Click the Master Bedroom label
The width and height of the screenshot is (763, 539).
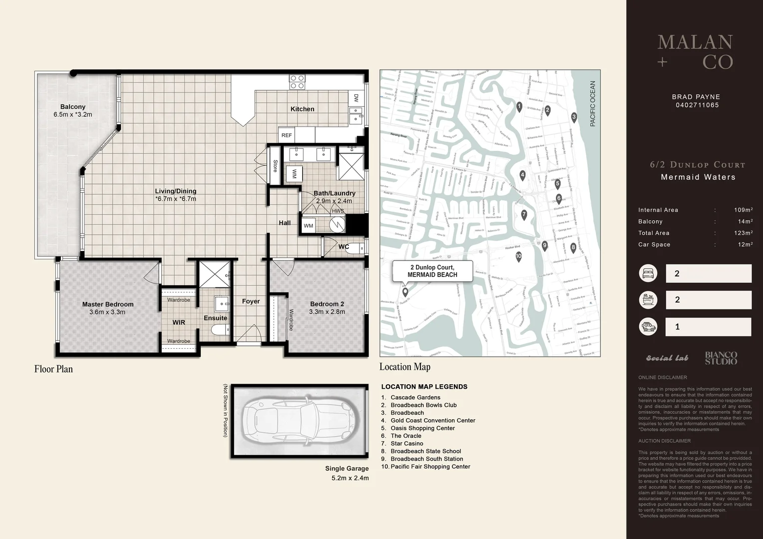tap(108, 304)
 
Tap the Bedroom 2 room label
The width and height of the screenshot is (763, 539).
tap(327, 304)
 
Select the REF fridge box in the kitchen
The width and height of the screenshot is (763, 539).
tap(287, 135)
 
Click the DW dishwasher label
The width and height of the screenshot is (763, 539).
tap(356, 98)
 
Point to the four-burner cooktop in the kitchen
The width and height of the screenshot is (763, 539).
tap(297, 82)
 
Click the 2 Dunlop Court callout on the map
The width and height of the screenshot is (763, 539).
tap(432, 271)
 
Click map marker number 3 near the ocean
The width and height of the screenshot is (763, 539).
tap(574, 117)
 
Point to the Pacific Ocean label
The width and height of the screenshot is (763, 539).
tap(593, 104)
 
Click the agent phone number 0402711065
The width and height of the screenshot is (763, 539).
tap(697, 105)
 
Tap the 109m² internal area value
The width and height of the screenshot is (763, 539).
tap(743, 210)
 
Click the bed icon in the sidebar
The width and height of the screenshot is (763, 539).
tap(648, 273)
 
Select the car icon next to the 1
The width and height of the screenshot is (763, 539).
tap(648, 327)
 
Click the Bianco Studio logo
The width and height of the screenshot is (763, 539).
tap(721, 358)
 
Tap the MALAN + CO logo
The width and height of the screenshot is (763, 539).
tap(695, 52)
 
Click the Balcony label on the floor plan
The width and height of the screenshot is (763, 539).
tap(73, 107)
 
